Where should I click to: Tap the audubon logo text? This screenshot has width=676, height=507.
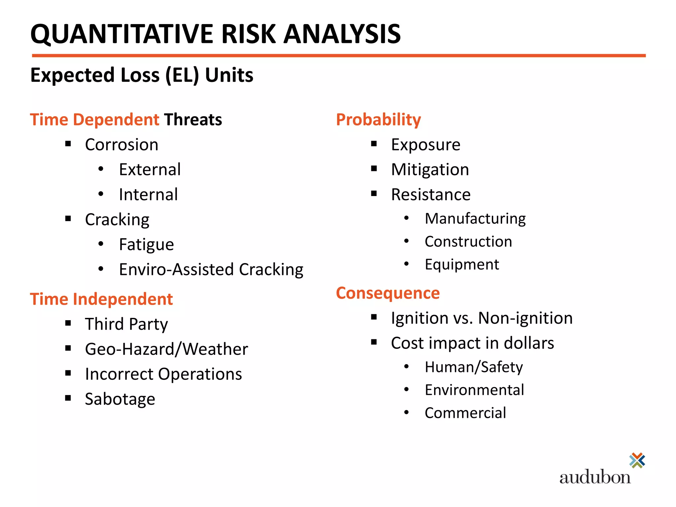595,477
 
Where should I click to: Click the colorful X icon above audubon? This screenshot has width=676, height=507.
637,460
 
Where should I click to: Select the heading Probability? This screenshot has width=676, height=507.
378,119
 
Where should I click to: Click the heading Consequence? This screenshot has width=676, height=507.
388,293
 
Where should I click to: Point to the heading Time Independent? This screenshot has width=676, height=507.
101,299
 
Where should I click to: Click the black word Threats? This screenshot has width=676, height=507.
193,119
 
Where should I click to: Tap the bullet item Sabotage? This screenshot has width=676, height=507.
120,399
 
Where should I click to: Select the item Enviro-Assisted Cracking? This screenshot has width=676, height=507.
211,269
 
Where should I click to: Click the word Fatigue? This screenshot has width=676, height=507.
146,245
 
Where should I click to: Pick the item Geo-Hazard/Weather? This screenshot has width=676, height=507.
166,349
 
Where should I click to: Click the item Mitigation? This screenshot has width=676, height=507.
430,170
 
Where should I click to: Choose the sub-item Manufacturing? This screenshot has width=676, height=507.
475,219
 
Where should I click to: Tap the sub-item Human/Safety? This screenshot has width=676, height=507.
474,367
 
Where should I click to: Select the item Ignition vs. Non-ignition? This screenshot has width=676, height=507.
482,318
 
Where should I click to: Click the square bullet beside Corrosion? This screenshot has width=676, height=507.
68,144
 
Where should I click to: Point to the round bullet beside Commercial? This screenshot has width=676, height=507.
406,412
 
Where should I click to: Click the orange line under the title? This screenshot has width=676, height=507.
339,56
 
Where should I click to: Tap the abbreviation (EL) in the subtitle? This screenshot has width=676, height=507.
182,75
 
